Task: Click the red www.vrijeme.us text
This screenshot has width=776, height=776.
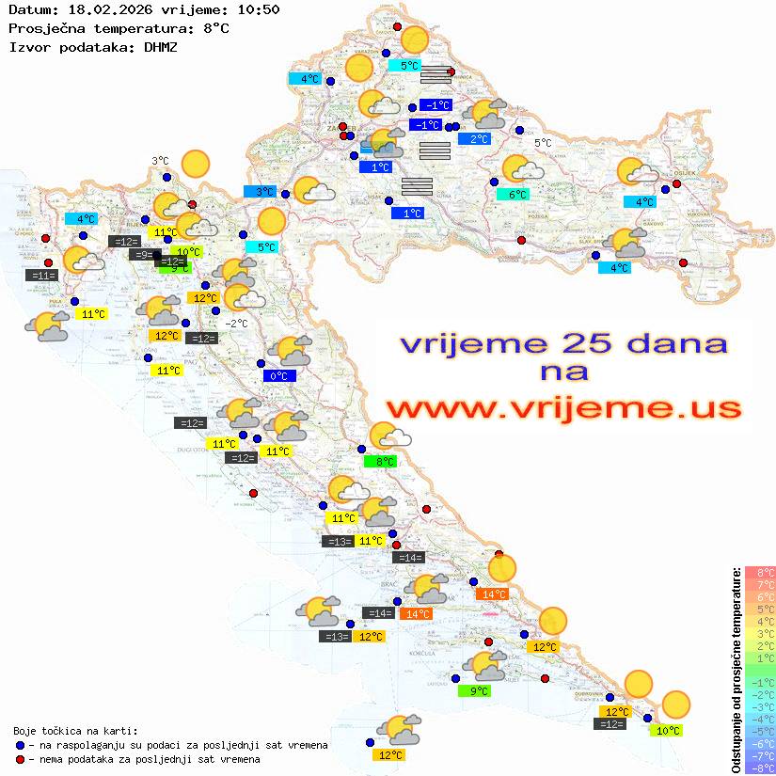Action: coord(562,407)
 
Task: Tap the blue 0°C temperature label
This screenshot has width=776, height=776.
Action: coord(279,376)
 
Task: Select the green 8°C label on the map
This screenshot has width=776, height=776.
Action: coord(385,462)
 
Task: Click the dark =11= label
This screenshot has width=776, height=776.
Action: coord(43,276)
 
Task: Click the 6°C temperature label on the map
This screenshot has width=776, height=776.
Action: coord(517,195)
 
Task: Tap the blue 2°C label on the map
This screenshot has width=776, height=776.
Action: coord(479,139)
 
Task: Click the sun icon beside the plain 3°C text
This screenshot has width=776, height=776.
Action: coord(195,165)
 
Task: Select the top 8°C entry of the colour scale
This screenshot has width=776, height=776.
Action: coord(760,573)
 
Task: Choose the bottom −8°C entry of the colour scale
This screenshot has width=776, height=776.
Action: coord(760,768)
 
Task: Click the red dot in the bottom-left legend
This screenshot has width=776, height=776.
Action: coord(21,759)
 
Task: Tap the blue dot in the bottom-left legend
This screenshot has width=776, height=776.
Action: coord(21,745)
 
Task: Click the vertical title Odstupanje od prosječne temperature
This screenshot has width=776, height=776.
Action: coord(736,670)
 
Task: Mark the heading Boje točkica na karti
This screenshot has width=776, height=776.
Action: coord(75,731)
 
